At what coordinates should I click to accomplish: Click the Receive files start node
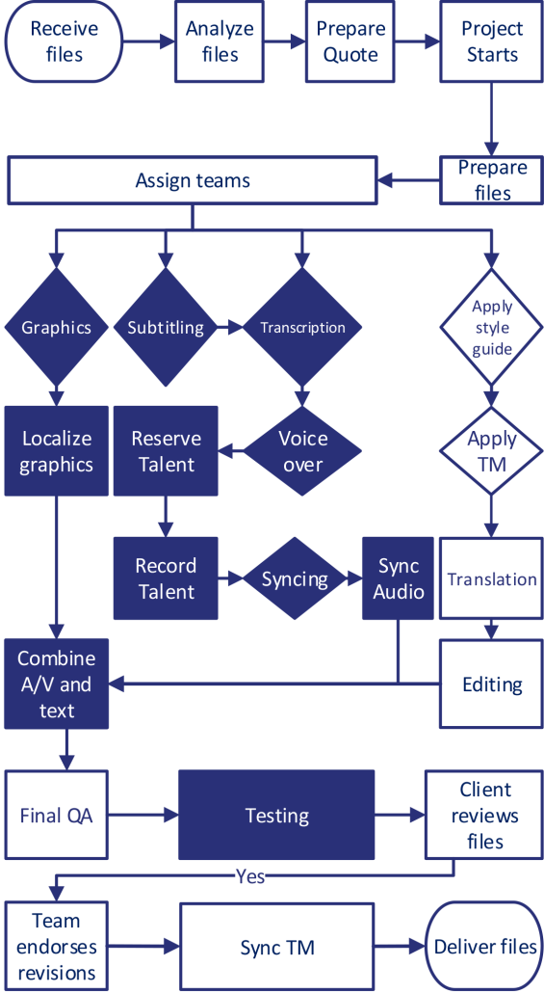click(x=65, y=41)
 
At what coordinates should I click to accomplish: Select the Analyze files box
click(x=220, y=41)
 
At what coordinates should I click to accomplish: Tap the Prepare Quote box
click(x=350, y=41)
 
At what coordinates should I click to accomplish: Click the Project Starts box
click(x=492, y=41)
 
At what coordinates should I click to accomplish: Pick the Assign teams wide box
click(x=193, y=180)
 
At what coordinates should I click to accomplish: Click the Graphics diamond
click(x=56, y=328)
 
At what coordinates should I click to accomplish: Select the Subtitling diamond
click(x=166, y=328)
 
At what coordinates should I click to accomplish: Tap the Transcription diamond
click(x=303, y=328)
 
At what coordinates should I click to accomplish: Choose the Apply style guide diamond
click(x=492, y=328)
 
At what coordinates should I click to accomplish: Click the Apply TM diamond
click(x=492, y=450)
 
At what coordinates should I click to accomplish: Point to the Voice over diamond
click(x=303, y=451)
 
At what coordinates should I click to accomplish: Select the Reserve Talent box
click(x=166, y=451)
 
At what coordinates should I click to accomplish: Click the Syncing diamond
click(x=295, y=579)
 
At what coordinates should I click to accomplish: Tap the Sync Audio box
click(x=399, y=578)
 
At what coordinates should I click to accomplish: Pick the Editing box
click(x=492, y=684)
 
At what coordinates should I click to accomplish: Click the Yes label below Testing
click(x=249, y=876)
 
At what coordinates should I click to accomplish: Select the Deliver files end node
click(x=485, y=947)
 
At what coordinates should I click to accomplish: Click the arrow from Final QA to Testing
click(x=142, y=816)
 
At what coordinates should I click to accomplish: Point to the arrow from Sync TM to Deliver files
click(x=399, y=947)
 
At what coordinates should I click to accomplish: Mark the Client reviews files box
click(x=485, y=816)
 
